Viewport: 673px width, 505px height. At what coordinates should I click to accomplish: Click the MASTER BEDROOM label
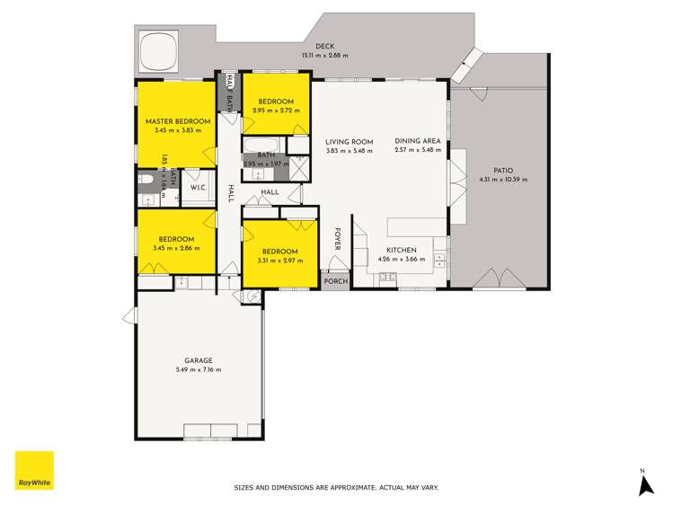(178, 121)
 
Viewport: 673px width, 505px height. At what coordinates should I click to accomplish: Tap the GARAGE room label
(199, 360)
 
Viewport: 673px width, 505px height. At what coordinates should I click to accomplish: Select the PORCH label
(336, 280)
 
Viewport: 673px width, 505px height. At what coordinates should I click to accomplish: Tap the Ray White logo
(34, 471)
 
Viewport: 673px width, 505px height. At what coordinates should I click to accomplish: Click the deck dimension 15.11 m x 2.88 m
(324, 56)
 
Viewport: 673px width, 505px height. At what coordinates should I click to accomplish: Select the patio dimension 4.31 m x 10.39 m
(503, 179)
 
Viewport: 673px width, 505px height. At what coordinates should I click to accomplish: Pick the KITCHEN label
(402, 251)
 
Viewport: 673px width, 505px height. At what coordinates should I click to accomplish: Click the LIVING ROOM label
(350, 141)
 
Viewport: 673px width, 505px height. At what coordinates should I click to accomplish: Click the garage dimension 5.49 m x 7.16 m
(199, 369)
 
